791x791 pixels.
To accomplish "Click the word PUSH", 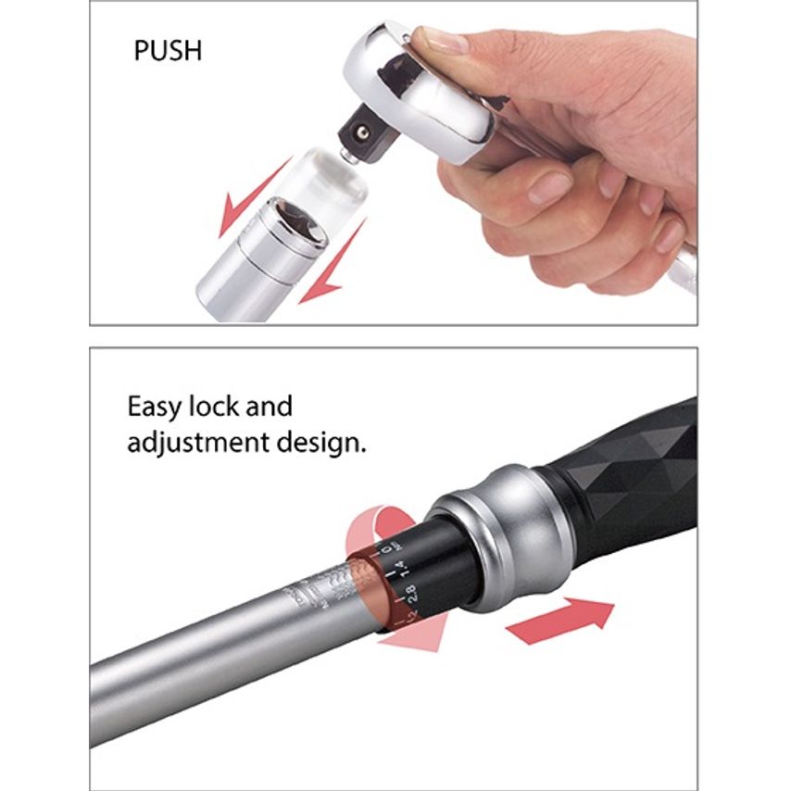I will coord(167,50).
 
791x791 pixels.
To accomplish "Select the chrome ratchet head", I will coord(417,93).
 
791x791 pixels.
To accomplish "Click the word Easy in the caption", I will coord(158,408).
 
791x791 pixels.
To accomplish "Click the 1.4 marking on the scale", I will coord(399,568).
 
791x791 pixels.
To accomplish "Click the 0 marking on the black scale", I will coord(387,550).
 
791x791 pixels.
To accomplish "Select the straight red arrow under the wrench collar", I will coord(559,618).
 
